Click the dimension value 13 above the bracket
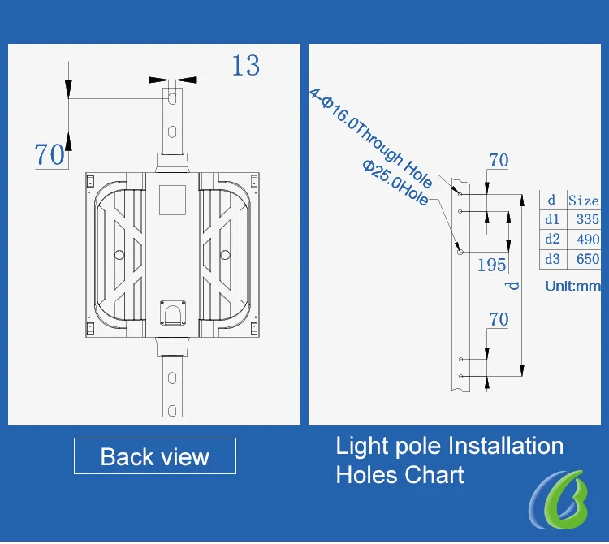[x=246, y=65]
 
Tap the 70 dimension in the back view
[x=50, y=154]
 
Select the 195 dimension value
[x=492, y=265]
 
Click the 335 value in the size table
[x=588, y=219]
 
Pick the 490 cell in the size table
[x=588, y=240]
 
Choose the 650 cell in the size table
[x=588, y=259]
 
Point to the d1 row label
[x=552, y=219]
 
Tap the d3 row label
[x=552, y=259]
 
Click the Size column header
[x=584, y=201]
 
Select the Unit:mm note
[x=573, y=286]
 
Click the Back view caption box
[x=155, y=455]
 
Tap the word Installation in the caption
[x=506, y=446]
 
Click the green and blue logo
[x=558, y=499]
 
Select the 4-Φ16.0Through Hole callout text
[x=371, y=138]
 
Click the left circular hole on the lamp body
[x=119, y=255]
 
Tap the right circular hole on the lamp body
[x=225, y=255]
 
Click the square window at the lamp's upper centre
[x=172, y=200]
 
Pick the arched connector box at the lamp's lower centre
[x=173, y=313]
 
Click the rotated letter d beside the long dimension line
[x=513, y=286]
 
